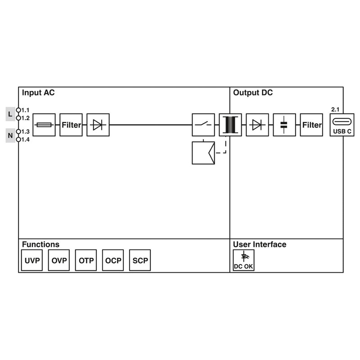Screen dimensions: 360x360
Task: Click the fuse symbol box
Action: point(44,125)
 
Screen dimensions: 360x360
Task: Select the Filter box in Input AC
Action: point(71,125)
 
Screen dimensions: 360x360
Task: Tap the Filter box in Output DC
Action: point(311,125)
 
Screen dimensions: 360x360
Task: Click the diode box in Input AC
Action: point(98,125)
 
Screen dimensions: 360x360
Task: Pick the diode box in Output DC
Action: point(257,125)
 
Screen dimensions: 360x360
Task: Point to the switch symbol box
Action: point(203,125)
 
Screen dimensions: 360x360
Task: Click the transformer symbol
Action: point(230,125)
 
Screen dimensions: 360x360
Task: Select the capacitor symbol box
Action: point(284,125)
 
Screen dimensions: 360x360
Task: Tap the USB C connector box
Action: point(342,125)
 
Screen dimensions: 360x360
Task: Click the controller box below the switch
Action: point(203,153)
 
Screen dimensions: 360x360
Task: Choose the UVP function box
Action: point(32,261)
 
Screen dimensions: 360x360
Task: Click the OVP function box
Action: point(59,261)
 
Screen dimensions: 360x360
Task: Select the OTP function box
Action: point(86,261)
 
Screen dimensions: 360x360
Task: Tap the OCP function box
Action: point(113,261)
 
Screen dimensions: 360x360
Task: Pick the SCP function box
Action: point(140,261)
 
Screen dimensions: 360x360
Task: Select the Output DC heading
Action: point(253,93)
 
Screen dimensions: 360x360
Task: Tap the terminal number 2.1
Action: point(335,109)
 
